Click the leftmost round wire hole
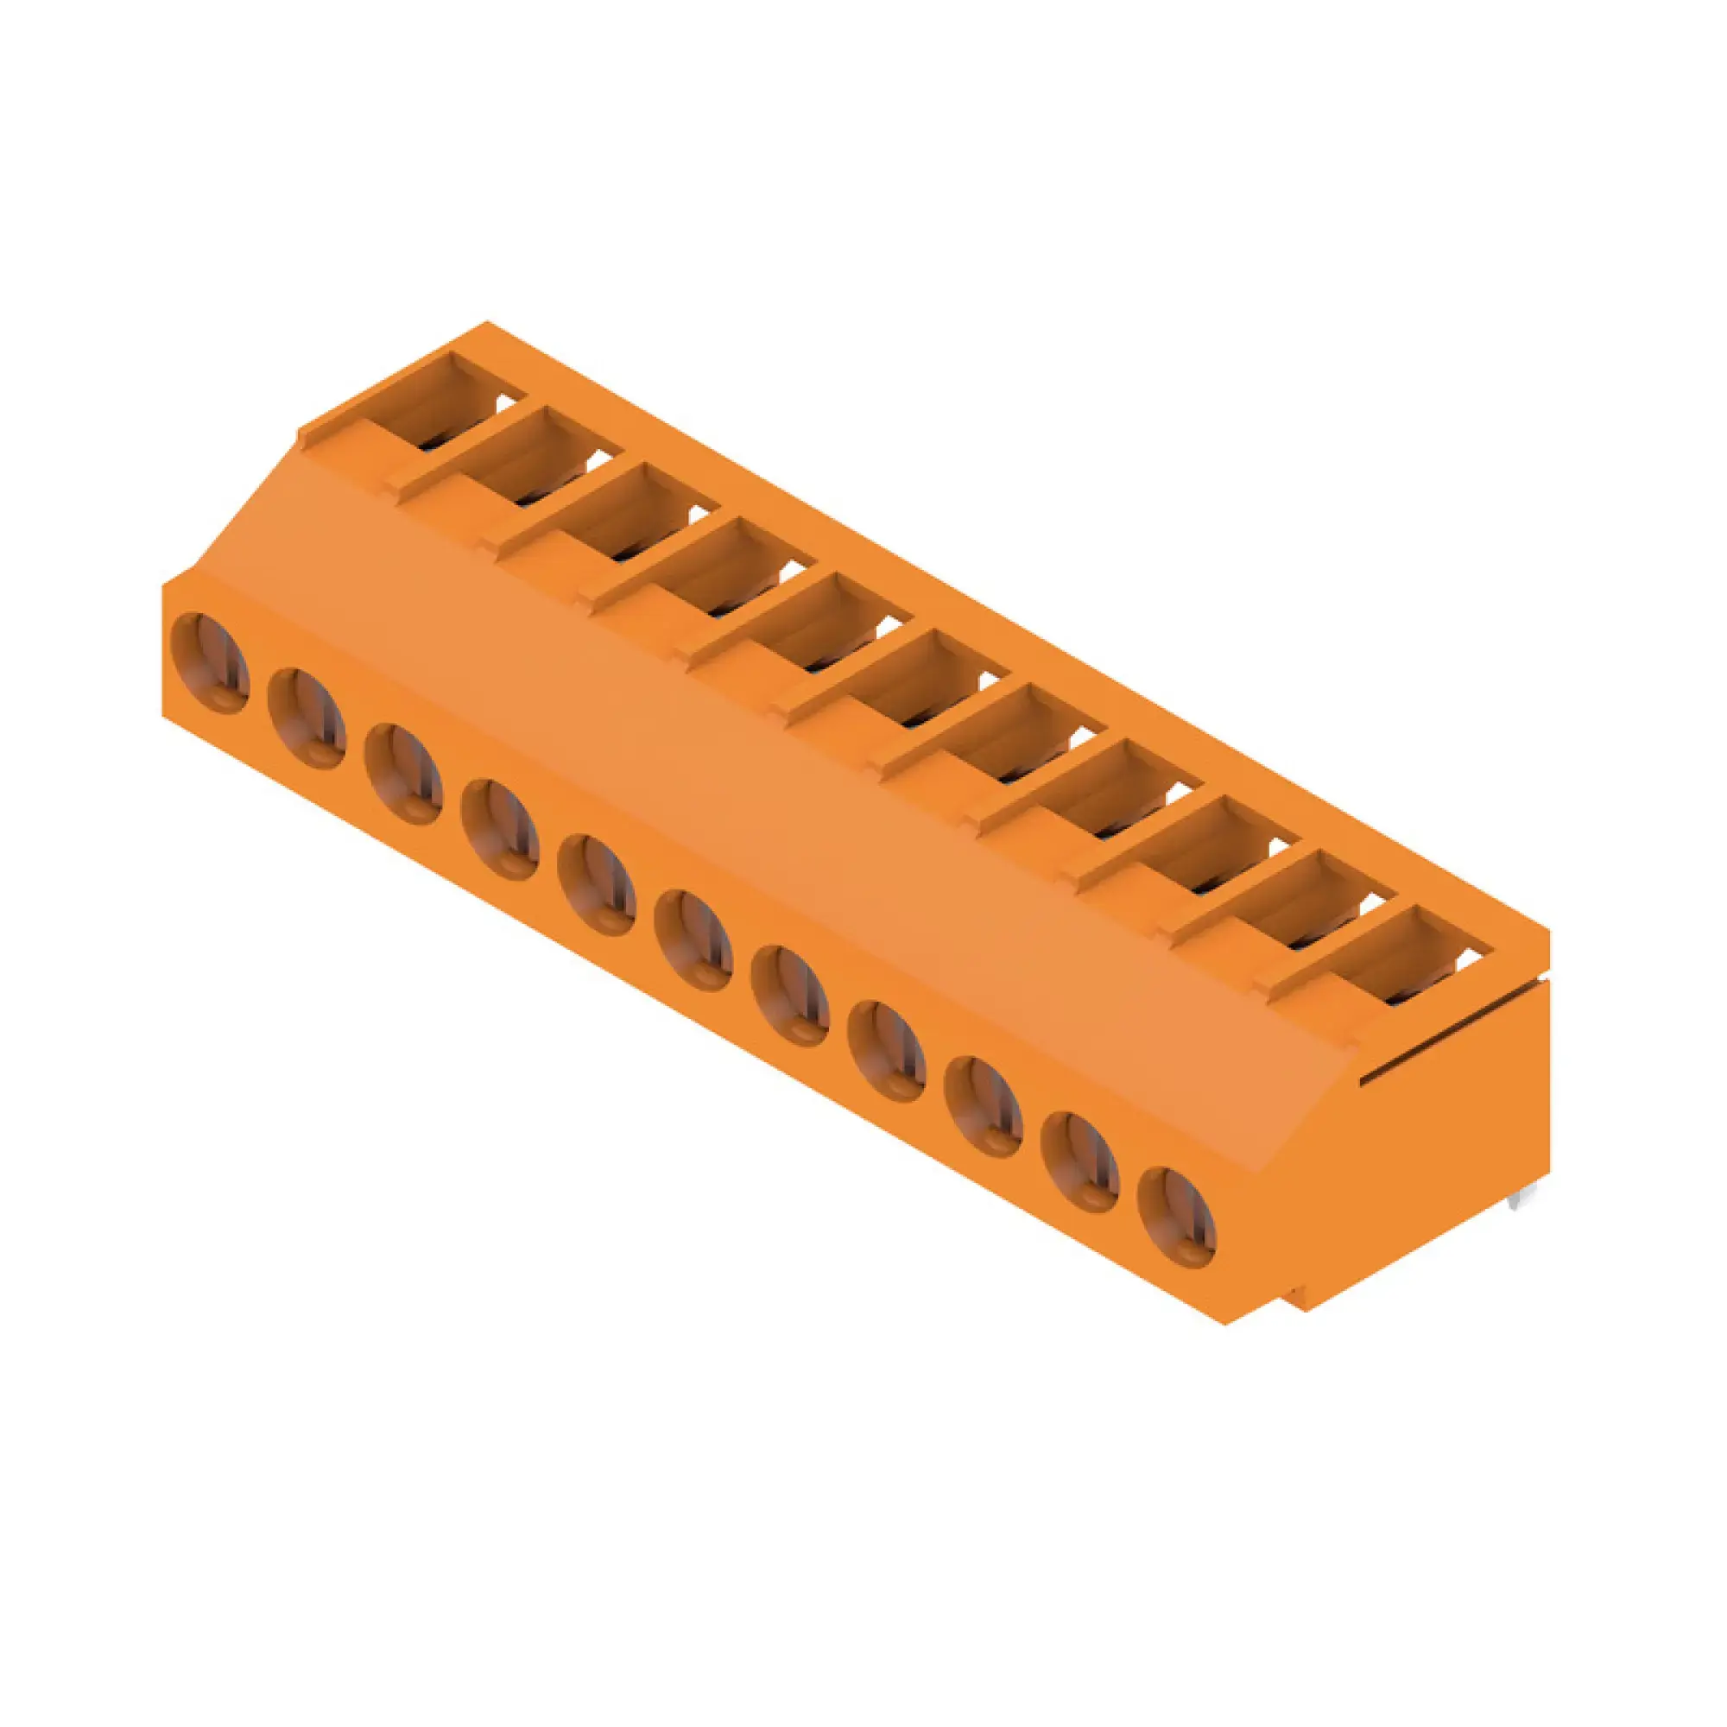[x=209, y=662]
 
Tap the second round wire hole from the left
[x=306, y=718]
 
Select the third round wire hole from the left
[x=403, y=773]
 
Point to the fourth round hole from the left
[x=500, y=829]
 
